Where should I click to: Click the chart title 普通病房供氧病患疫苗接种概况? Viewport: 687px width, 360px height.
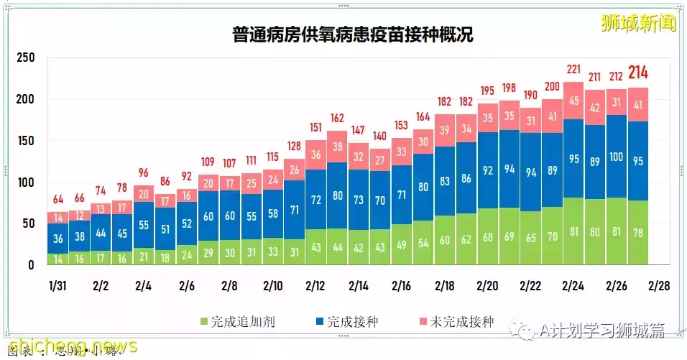click(x=352, y=34)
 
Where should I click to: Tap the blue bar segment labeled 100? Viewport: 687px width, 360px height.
click(x=617, y=157)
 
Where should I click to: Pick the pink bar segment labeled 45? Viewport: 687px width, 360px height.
click(x=573, y=101)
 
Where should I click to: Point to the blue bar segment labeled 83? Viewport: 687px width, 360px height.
click(x=444, y=181)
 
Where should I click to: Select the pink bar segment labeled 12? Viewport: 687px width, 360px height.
click(x=79, y=216)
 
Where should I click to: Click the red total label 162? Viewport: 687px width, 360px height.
click(x=336, y=118)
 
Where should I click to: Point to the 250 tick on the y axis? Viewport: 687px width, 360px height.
click(x=26, y=58)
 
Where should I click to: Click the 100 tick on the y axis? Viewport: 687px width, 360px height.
click(x=26, y=183)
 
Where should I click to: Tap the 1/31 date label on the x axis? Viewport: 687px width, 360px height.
click(x=57, y=285)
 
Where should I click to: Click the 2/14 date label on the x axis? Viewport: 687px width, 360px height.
click(x=359, y=285)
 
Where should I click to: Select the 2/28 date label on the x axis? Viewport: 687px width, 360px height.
click(x=658, y=285)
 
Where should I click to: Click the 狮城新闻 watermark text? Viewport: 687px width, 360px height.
click(x=638, y=23)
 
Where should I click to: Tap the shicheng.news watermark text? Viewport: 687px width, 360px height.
click(x=69, y=346)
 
